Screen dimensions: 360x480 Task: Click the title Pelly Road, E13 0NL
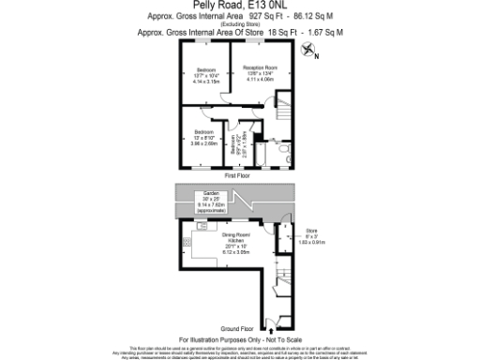[x=239, y=5]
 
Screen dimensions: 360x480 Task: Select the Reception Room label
[x=259, y=74]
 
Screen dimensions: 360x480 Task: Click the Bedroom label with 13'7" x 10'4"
[x=206, y=76]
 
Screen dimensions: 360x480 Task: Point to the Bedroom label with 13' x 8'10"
[x=204, y=137]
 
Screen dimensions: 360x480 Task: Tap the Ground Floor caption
[x=238, y=329]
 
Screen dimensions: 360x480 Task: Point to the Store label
[x=311, y=236]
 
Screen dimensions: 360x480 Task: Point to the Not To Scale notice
[x=277, y=338]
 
